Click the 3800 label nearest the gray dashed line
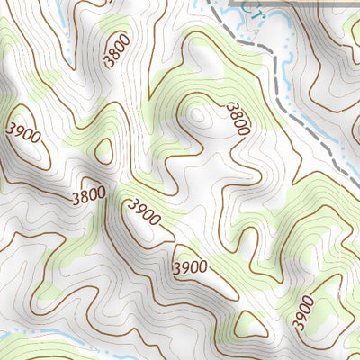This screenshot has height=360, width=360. (238, 118)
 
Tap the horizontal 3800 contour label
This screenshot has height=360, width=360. (87, 193)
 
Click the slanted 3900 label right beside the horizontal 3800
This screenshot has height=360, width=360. (144, 213)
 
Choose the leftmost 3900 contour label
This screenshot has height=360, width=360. (22, 133)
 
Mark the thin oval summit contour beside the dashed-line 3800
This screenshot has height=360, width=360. (197, 114)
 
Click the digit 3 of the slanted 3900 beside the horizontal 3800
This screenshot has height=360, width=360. (132, 205)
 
